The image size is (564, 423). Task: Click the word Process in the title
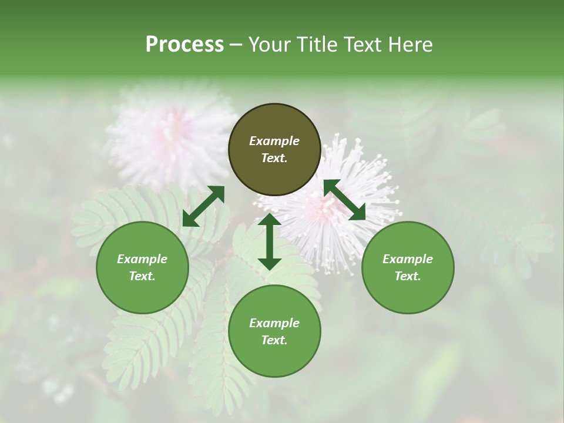click(184, 45)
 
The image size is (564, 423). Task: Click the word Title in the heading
click(316, 45)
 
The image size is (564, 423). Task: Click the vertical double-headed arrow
click(270, 241)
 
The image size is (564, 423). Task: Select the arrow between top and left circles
click(203, 206)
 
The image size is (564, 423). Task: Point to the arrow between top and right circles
click(344, 200)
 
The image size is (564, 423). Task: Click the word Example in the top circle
click(274, 141)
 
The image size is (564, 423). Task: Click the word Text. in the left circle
click(142, 276)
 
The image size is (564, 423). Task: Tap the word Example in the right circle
click(408, 259)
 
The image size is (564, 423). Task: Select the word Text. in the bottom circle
click(274, 340)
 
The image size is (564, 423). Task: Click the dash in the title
click(236, 45)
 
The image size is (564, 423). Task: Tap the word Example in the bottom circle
click(274, 323)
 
